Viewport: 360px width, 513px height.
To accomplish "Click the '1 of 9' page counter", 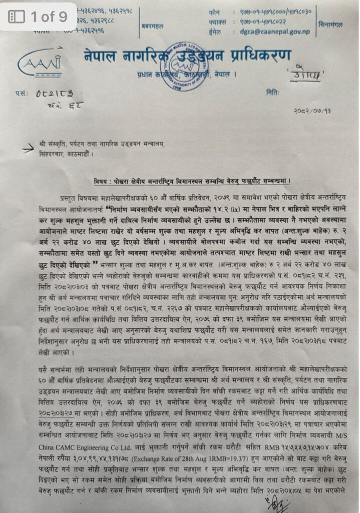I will [x=49, y=16].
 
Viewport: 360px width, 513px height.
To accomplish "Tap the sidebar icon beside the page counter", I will [x=17, y=16].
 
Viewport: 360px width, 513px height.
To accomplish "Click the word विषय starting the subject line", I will [x=102, y=180].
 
